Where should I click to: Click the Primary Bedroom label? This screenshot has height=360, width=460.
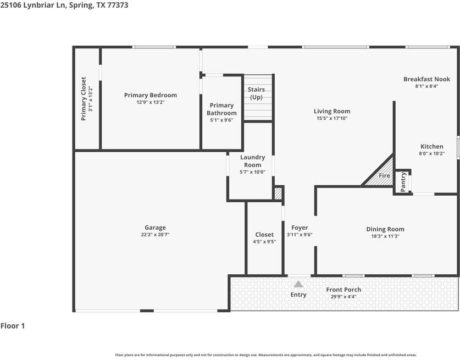tap(150, 95)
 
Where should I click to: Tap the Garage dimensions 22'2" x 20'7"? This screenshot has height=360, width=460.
tap(155, 235)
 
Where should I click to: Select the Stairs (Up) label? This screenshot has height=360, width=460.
tap(256, 93)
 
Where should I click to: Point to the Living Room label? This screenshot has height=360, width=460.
tap(332, 111)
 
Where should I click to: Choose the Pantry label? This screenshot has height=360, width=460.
tap(403, 182)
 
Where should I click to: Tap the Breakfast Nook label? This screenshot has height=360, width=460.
tap(426, 79)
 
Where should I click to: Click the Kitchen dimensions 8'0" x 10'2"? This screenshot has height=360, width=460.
tap(432, 154)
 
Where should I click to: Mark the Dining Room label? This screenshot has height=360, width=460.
tap(385, 229)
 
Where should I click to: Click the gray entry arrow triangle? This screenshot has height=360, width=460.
tap(298, 284)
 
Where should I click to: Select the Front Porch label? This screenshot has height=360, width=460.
tap(343, 290)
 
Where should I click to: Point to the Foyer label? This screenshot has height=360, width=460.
tap(300, 228)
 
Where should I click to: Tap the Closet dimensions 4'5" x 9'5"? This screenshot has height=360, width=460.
tap(264, 241)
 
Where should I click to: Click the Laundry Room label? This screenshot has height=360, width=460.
tap(253, 161)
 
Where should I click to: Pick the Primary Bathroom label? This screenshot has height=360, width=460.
tap(221, 109)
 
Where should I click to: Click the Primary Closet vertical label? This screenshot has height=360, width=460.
tap(84, 98)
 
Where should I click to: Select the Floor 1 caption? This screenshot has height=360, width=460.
tap(13, 326)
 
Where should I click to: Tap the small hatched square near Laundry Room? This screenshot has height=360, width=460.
tap(278, 193)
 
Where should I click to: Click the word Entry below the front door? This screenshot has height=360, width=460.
tap(298, 295)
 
